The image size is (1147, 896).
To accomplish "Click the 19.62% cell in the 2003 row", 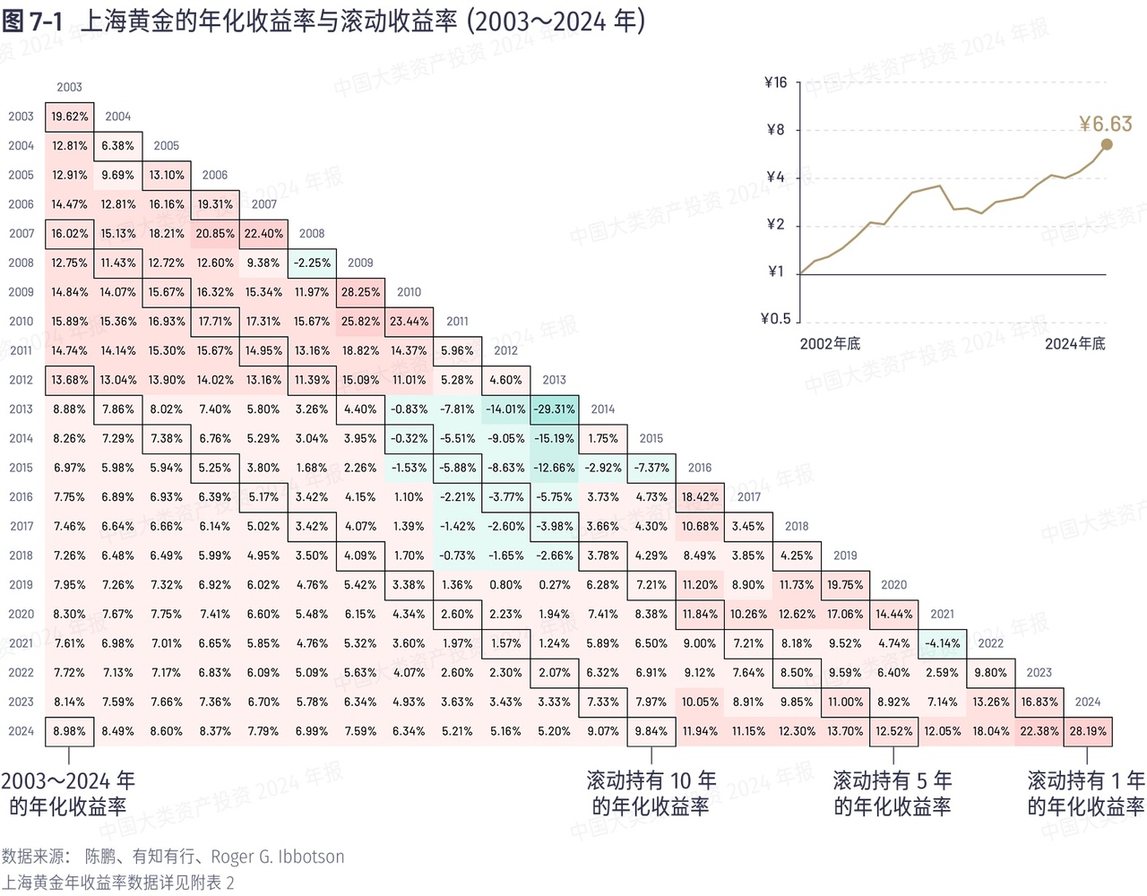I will coord(69,116).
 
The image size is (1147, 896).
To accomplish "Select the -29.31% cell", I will coord(554,409).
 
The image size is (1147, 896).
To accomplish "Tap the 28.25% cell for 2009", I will coord(360,292).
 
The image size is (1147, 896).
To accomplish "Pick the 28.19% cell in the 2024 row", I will coord(1088,731).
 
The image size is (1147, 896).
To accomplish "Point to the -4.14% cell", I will coord(942,643).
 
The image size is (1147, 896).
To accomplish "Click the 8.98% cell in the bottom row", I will coord(69,731).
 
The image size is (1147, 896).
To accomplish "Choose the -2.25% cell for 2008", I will coord(312,263).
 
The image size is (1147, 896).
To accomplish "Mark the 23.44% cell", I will coord(409,322).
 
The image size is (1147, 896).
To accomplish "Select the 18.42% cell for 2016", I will coord(700,497).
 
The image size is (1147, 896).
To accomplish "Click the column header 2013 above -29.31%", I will coord(554,380).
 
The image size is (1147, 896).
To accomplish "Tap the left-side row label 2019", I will coord(21,585).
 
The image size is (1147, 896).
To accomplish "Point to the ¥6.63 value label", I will coord(1105,124).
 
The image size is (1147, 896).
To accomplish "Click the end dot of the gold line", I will coord(1106,144).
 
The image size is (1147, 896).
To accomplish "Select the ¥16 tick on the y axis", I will coord(775,83).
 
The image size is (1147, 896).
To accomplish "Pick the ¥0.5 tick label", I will coord(775,318).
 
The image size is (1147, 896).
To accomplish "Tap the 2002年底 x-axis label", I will coord(830,344).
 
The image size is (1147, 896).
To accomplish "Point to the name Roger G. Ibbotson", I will coord(277,857).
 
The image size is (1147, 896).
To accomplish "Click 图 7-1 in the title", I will coord(32,22).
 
